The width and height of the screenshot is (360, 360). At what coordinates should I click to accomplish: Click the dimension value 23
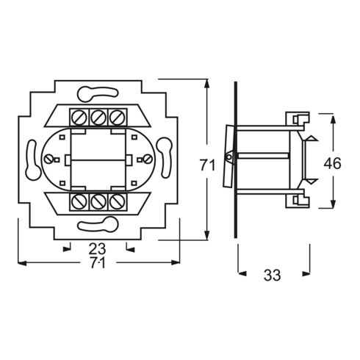click(97, 249)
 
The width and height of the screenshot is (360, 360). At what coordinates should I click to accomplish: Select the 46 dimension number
click(332, 163)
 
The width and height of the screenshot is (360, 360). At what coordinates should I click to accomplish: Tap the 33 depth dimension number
click(272, 275)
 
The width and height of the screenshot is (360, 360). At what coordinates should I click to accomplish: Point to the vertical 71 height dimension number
click(208, 165)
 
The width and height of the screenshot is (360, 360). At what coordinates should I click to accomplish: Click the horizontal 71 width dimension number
click(98, 263)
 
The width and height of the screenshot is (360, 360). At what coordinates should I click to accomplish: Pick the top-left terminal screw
click(79, 118)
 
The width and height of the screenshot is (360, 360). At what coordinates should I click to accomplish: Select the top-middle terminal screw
click(98, 118)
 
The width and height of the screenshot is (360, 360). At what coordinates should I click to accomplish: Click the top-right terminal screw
click(118, 118)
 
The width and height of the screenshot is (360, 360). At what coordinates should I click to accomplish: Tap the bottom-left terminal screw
click(79, 202)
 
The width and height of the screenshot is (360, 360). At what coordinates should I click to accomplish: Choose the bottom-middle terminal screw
click(98, 202)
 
